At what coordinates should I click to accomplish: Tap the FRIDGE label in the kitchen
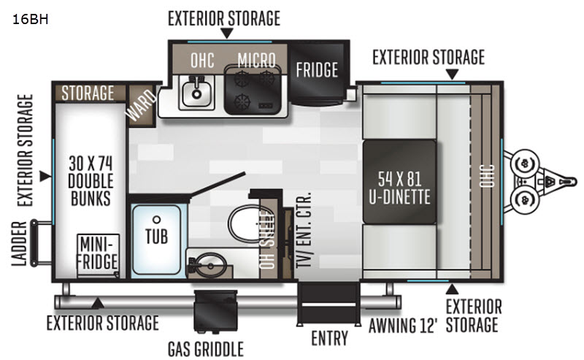tap(317, 70)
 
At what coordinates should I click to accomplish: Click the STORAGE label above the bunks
tap(88, 93)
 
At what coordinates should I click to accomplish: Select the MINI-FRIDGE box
tap(99, 253)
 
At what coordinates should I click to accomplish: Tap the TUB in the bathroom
tap(155, 235)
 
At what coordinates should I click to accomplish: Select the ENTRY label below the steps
tap(329, 338)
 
